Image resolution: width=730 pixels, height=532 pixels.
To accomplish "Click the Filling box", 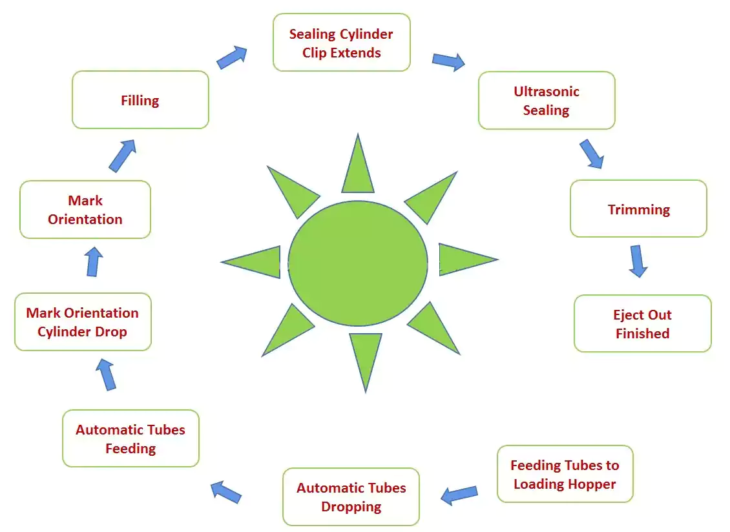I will pos(140,100).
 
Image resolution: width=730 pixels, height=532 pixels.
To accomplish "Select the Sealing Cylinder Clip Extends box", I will pos(341,43).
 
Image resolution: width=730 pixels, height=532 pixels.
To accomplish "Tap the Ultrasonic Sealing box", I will pos(547,101).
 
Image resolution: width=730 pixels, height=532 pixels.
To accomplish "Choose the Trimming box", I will pos(638,209).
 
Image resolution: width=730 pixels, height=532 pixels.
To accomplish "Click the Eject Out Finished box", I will pos(642,323).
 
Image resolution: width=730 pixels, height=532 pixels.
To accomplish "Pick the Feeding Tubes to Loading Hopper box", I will pos(565,474).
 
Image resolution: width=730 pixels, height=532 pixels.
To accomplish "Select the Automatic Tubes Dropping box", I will pos(351,496).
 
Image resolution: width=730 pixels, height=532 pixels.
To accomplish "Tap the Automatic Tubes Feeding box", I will pos(130,438).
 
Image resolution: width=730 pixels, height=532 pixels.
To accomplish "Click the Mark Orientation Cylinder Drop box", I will pos(83,322).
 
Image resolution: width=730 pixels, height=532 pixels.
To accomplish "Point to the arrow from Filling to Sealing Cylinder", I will pos(232,57).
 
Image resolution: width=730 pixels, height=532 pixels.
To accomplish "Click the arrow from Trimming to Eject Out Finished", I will pos(638,260).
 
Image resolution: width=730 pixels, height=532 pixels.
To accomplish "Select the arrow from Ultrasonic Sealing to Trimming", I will pos(591,154).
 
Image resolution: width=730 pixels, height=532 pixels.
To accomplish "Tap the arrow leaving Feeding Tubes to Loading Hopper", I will pos(459,495).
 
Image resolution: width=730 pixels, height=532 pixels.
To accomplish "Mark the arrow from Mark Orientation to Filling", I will pos(122,156).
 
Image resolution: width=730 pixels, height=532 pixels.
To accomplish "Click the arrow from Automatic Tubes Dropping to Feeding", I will pos(226,491).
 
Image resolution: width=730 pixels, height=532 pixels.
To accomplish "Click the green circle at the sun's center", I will pos(357,262).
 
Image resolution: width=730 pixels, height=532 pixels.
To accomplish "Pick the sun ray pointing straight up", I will pos(358,169).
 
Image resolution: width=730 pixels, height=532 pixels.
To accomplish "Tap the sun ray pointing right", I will pos(463,260).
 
